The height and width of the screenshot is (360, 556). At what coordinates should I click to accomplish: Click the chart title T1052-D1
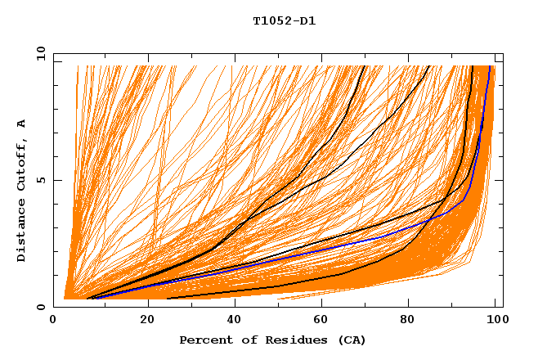pos(284,21)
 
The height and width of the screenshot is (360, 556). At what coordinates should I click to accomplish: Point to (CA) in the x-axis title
pos(350,340)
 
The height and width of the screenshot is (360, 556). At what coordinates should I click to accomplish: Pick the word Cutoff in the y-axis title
pos(21,163)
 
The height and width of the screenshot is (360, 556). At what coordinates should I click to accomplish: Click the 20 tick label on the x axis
pos(147,319)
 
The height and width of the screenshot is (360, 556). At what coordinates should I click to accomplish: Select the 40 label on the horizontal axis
pos(235,319)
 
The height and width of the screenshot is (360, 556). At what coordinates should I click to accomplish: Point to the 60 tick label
pos(321,319)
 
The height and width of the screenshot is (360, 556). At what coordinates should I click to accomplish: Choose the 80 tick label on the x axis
pos(408,319)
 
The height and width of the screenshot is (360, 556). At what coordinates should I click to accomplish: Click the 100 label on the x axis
pos(495,319)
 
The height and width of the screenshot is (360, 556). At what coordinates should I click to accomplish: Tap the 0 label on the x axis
pos(61,319)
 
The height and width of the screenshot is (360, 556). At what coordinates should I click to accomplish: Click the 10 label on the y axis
pos(39,54)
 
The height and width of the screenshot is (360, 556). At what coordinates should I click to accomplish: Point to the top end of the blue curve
pos(489,67)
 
